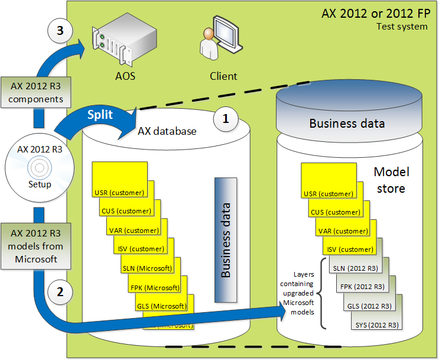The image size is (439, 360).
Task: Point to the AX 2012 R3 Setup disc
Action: coord(36,168)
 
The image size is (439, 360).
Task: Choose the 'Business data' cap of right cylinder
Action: coord(347,123)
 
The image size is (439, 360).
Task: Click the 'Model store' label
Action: coord(391,180)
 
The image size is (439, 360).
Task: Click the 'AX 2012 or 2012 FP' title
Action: coord(375,14)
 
